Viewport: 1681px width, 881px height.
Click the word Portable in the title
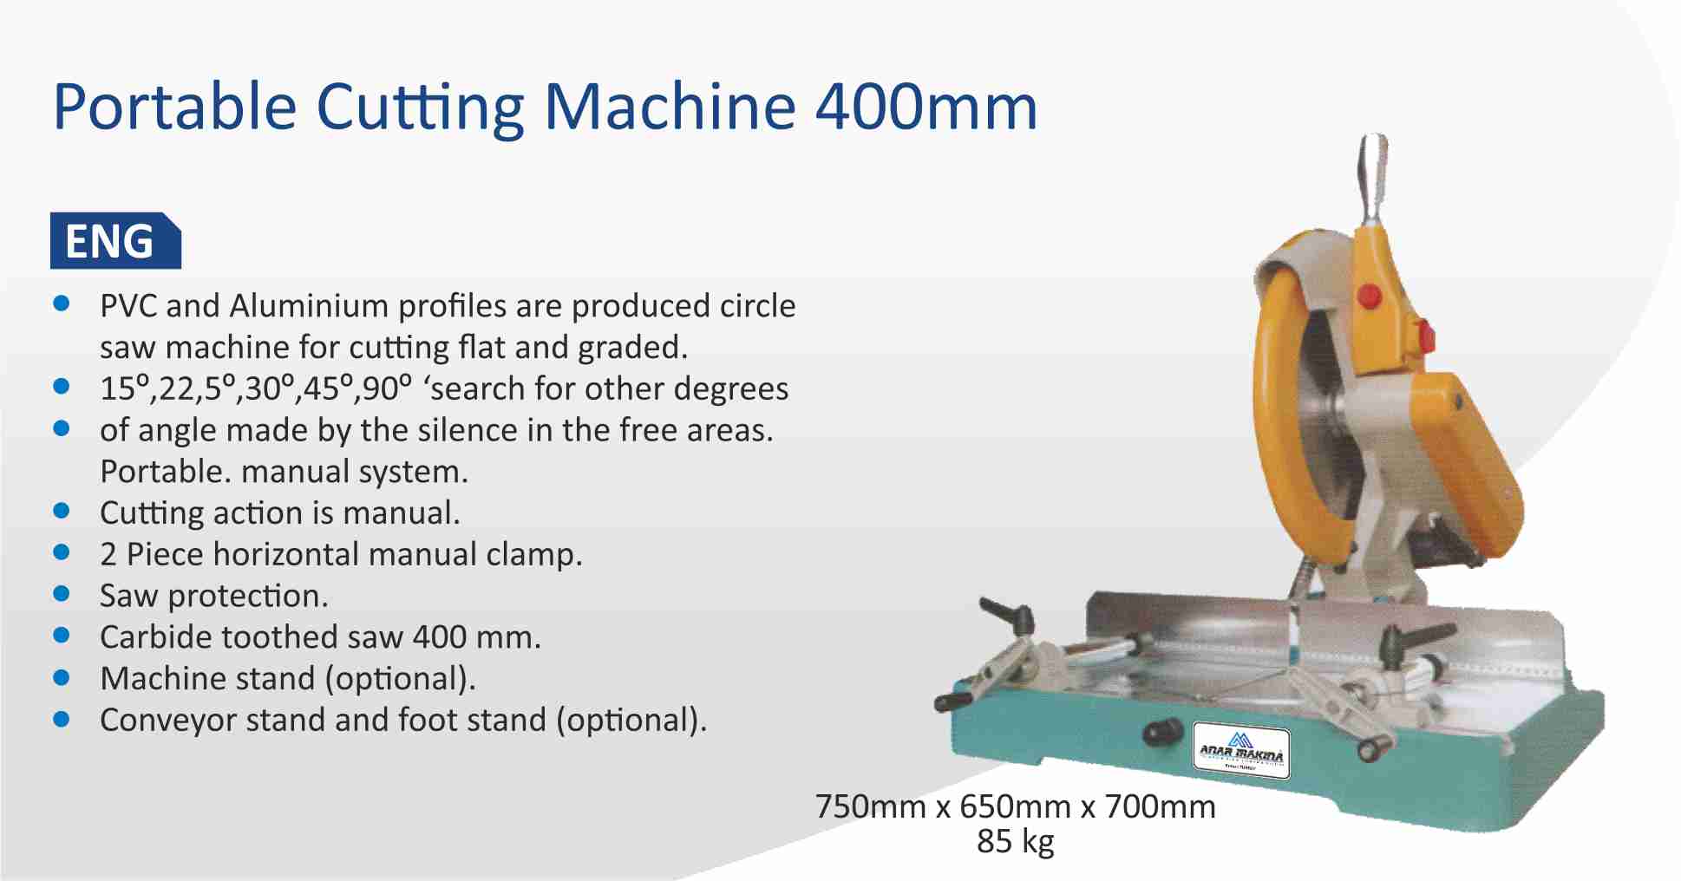point(174,108)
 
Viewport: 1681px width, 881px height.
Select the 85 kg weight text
point(1015,841)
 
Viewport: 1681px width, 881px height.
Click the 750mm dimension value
point(870,807)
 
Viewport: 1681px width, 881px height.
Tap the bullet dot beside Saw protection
point(62,594)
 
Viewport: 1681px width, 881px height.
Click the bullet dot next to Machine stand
point(62,677)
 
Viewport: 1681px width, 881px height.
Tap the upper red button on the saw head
point(1369,296)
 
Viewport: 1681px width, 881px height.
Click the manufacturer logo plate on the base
point(1241,751)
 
